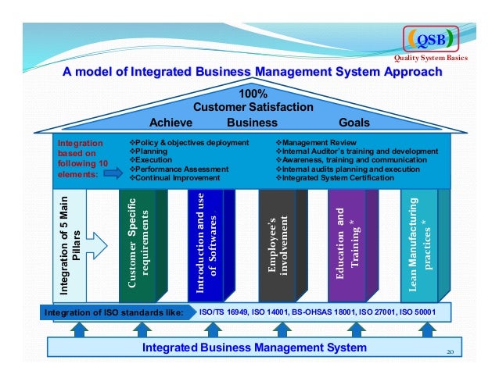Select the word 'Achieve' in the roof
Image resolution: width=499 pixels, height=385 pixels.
(171, 123)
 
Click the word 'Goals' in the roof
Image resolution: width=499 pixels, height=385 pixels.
(354, 123)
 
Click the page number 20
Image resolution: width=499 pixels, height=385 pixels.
(450, 351)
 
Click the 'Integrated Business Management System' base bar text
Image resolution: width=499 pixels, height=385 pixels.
(254, 347)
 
